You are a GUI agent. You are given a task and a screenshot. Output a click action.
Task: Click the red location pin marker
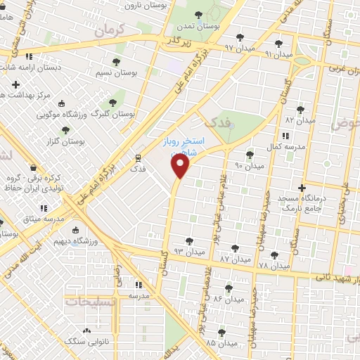click(181, 167)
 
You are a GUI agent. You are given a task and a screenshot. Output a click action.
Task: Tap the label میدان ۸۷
click(234, 259)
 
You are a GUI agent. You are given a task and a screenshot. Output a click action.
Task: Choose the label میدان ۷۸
click(274, 266)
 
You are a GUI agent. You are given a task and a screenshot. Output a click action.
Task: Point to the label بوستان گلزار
click(83, 141)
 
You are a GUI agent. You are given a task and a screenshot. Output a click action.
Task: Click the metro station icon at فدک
click(138, 157)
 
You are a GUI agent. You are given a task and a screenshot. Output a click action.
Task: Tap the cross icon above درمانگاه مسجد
click(302, 188)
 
